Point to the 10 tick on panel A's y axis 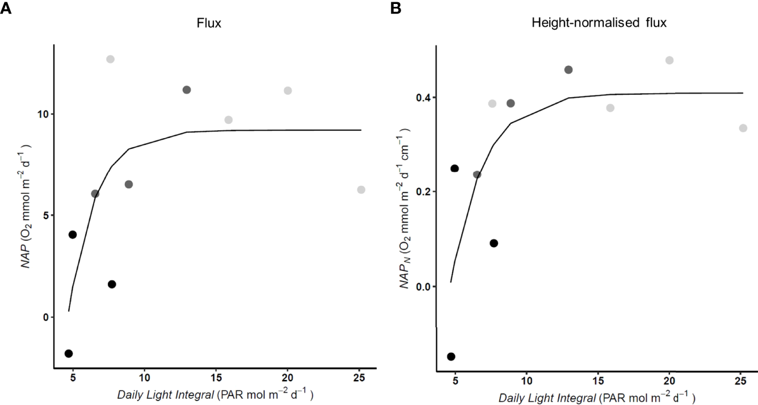(x=44, y=114)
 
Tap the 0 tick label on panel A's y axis (x=47, y=317)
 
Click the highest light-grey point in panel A (x=110, y=59)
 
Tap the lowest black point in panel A (x=69, y=353)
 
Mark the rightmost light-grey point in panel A (x=361, y=190)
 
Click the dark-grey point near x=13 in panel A (x=187, y=90)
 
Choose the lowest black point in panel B (x=451, y=357)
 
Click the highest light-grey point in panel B (x=669, y=60)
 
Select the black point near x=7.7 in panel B (x=494, y=243)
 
